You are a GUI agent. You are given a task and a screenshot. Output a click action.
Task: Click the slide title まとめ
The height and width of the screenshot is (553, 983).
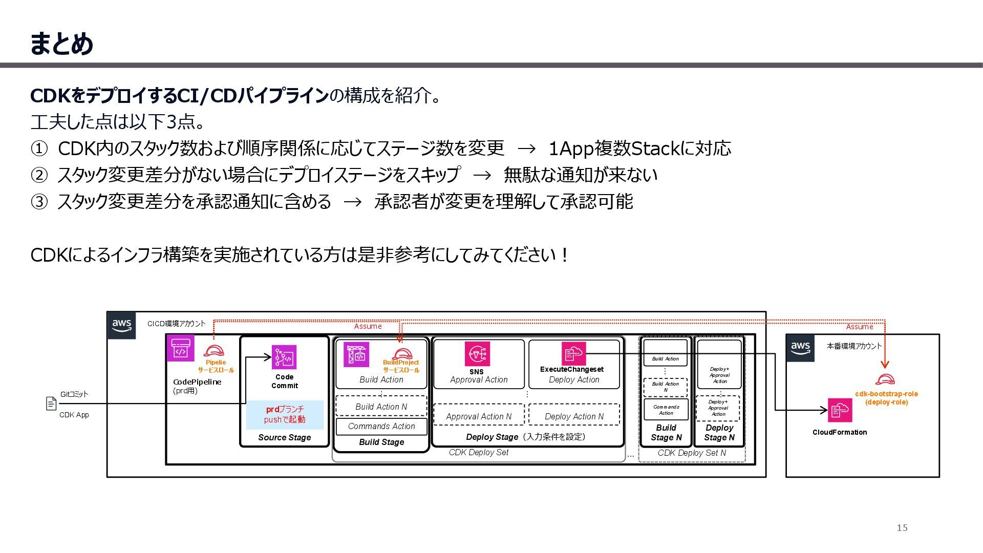61,44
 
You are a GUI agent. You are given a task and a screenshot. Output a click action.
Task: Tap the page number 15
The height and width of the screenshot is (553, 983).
902,528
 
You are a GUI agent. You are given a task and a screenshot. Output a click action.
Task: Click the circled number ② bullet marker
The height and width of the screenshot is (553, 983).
39,175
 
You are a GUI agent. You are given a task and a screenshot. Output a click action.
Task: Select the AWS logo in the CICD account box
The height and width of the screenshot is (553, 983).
122,325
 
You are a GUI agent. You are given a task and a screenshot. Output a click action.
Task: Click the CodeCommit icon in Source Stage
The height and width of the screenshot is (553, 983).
284,357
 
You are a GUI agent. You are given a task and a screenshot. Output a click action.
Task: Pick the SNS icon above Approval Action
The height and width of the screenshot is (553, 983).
477,354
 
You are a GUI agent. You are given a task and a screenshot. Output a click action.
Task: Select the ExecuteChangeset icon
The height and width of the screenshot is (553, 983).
573,353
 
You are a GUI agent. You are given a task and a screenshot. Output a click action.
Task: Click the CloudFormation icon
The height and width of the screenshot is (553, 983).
840,410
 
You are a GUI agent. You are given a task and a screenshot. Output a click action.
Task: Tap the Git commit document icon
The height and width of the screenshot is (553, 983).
51,403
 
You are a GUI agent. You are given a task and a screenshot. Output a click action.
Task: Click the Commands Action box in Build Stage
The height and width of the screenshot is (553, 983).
381,426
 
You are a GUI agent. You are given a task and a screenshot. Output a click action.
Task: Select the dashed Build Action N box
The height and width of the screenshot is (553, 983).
381,407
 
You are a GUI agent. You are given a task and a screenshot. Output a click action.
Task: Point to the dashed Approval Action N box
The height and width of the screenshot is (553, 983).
479,416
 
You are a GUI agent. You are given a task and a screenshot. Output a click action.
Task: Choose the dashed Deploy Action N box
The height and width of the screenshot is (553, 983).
574,416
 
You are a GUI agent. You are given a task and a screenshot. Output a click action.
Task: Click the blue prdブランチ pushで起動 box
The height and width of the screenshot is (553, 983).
285,414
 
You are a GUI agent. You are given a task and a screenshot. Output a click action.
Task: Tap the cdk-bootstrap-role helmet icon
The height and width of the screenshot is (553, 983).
885,379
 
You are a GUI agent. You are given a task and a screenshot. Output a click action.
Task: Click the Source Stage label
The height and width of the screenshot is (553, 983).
285,437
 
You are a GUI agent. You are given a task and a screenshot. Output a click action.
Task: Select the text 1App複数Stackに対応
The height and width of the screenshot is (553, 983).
639,148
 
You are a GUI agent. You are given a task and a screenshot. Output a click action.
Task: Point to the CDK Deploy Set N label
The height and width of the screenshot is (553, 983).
692,453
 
